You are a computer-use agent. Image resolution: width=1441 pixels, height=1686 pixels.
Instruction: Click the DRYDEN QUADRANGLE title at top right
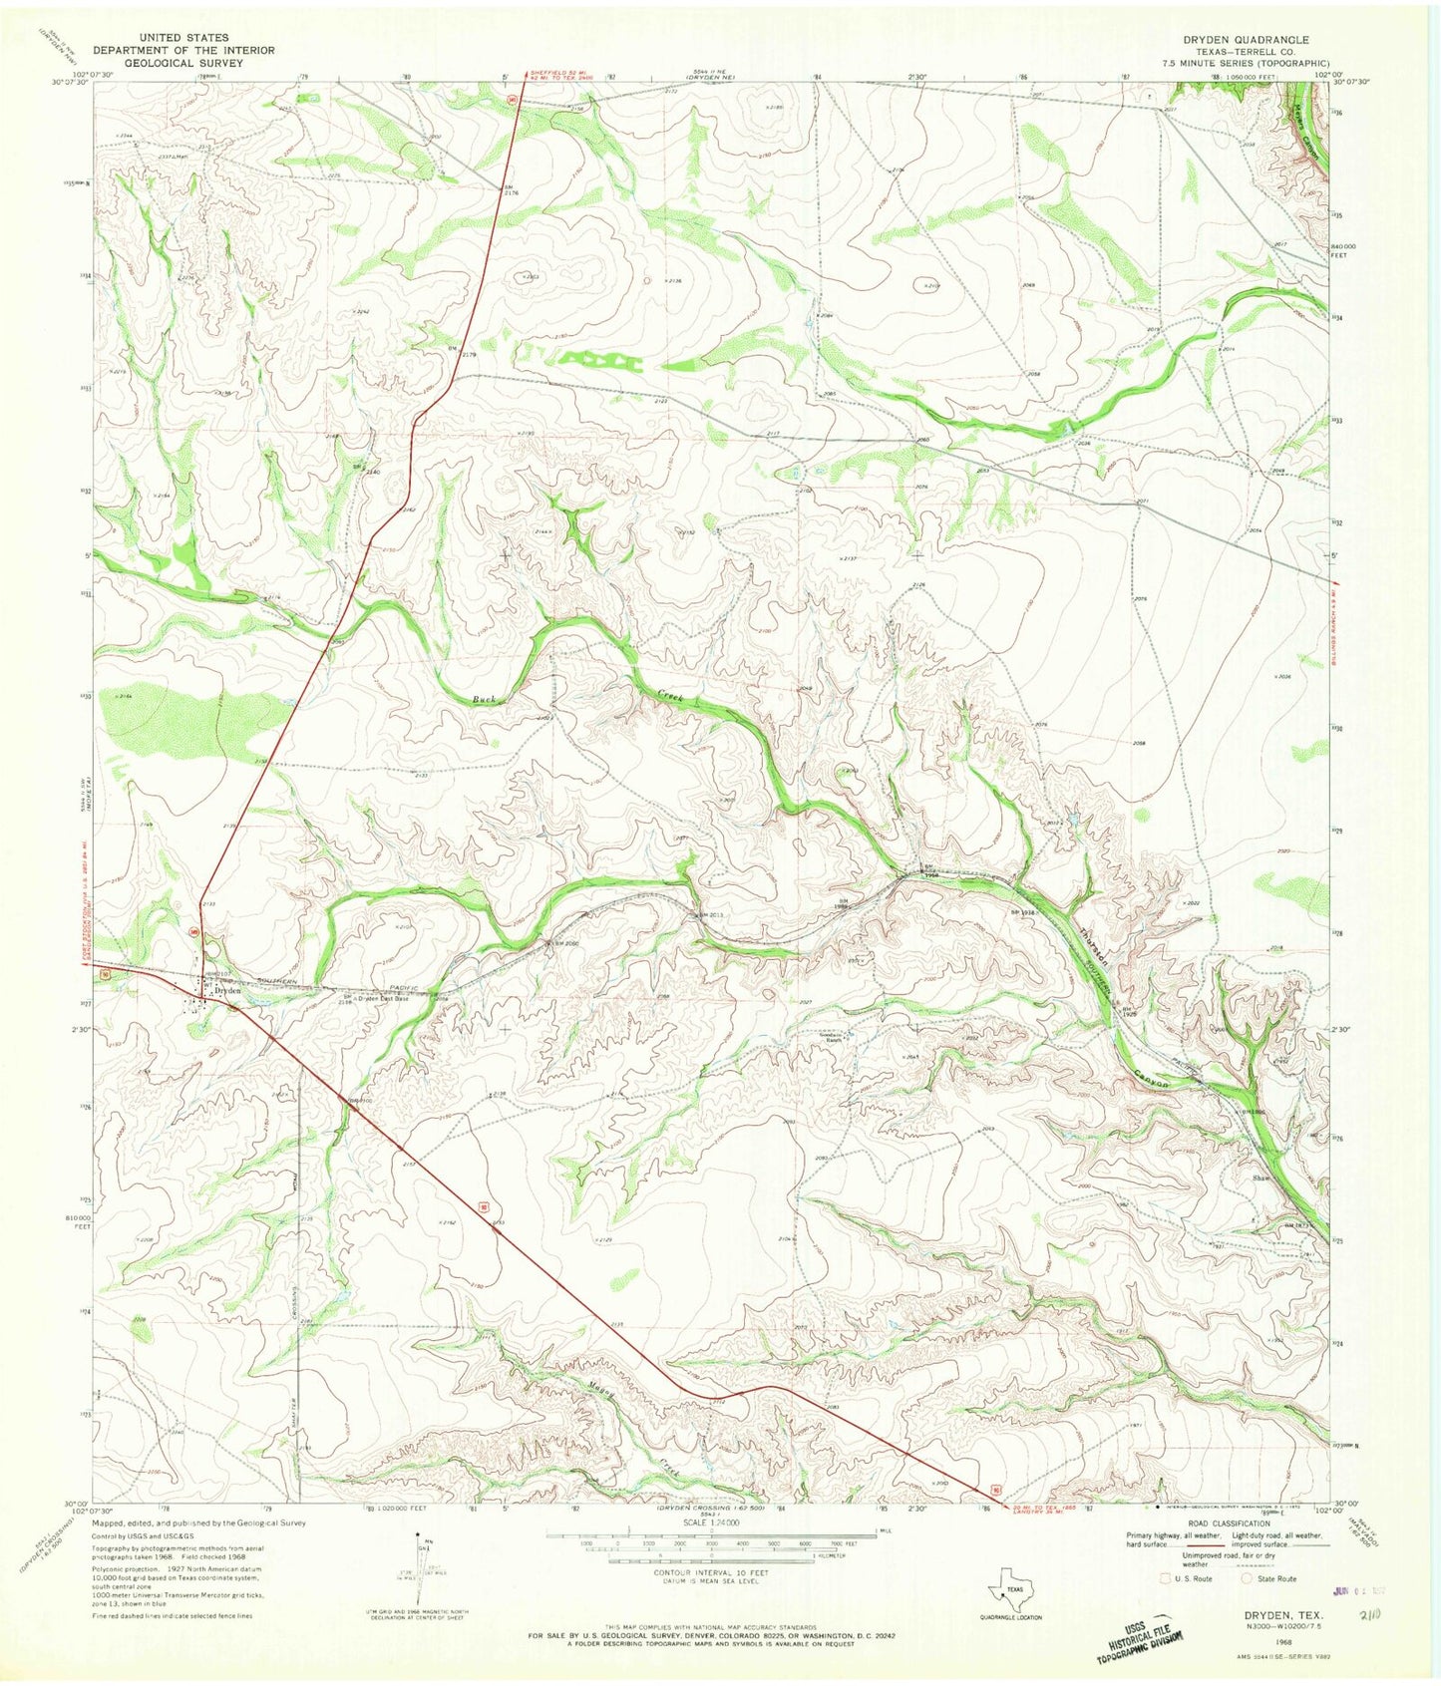click(1246, 40)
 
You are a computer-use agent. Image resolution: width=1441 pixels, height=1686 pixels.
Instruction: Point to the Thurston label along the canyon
click(1093, 943)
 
